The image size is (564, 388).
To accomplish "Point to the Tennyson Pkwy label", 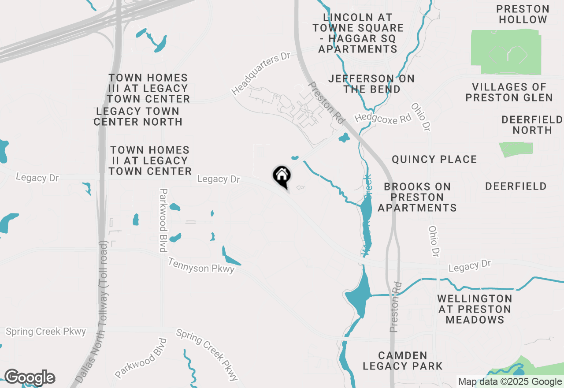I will coord(201,265).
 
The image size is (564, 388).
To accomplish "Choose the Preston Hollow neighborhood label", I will coord(523,14).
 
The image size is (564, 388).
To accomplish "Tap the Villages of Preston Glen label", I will coord(509,92).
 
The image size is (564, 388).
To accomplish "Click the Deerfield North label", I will coord(532,125).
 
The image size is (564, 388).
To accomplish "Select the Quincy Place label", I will coord(434,159).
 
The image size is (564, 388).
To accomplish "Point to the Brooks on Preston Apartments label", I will coord(417,197).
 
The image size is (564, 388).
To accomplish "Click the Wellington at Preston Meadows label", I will coord(475,309).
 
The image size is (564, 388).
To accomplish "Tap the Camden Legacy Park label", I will coord(402,361).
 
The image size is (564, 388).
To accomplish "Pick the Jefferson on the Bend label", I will coord(371,84).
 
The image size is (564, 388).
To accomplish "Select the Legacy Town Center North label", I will coord(137,116).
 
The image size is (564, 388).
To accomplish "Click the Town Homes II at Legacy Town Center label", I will coord(150,160).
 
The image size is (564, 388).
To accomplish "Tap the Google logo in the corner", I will coord(30,377).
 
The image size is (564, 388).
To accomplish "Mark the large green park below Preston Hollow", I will coord(506,52).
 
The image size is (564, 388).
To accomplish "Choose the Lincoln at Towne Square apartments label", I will coord(358,33).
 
